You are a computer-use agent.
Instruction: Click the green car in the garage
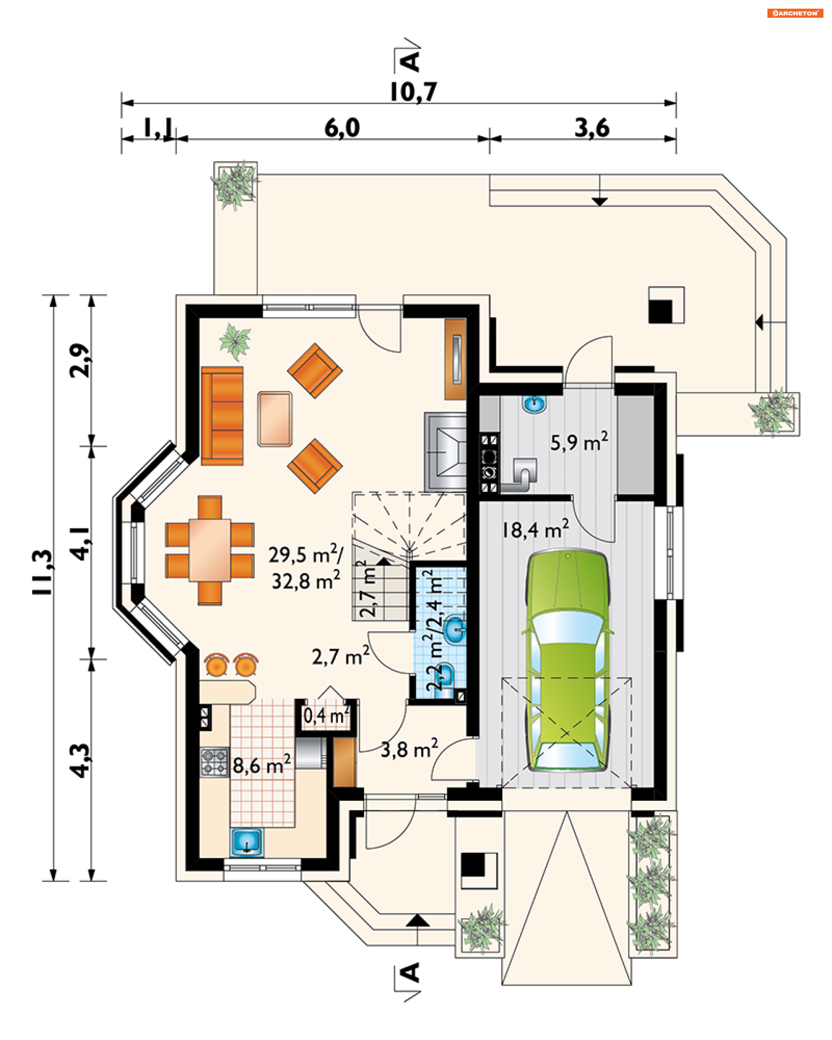coord(567,661)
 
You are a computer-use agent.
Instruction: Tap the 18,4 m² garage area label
coord(535,529)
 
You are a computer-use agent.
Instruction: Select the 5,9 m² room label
coord(579,442)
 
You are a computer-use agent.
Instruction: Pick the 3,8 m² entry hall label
coord(409,749)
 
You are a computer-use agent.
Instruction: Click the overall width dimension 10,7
coord(413,92)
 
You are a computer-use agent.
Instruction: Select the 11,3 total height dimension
coord(42,572)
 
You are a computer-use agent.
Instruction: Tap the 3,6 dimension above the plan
coord(592,128)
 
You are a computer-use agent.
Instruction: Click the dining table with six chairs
coord(210,550)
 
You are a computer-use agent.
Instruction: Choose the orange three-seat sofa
coord(222,416)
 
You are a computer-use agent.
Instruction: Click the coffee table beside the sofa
coord(274,419)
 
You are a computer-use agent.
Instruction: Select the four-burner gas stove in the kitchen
coord(214,762)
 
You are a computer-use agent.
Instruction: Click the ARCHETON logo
coord(795,13)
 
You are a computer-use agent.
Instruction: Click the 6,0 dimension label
coord(342,128)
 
